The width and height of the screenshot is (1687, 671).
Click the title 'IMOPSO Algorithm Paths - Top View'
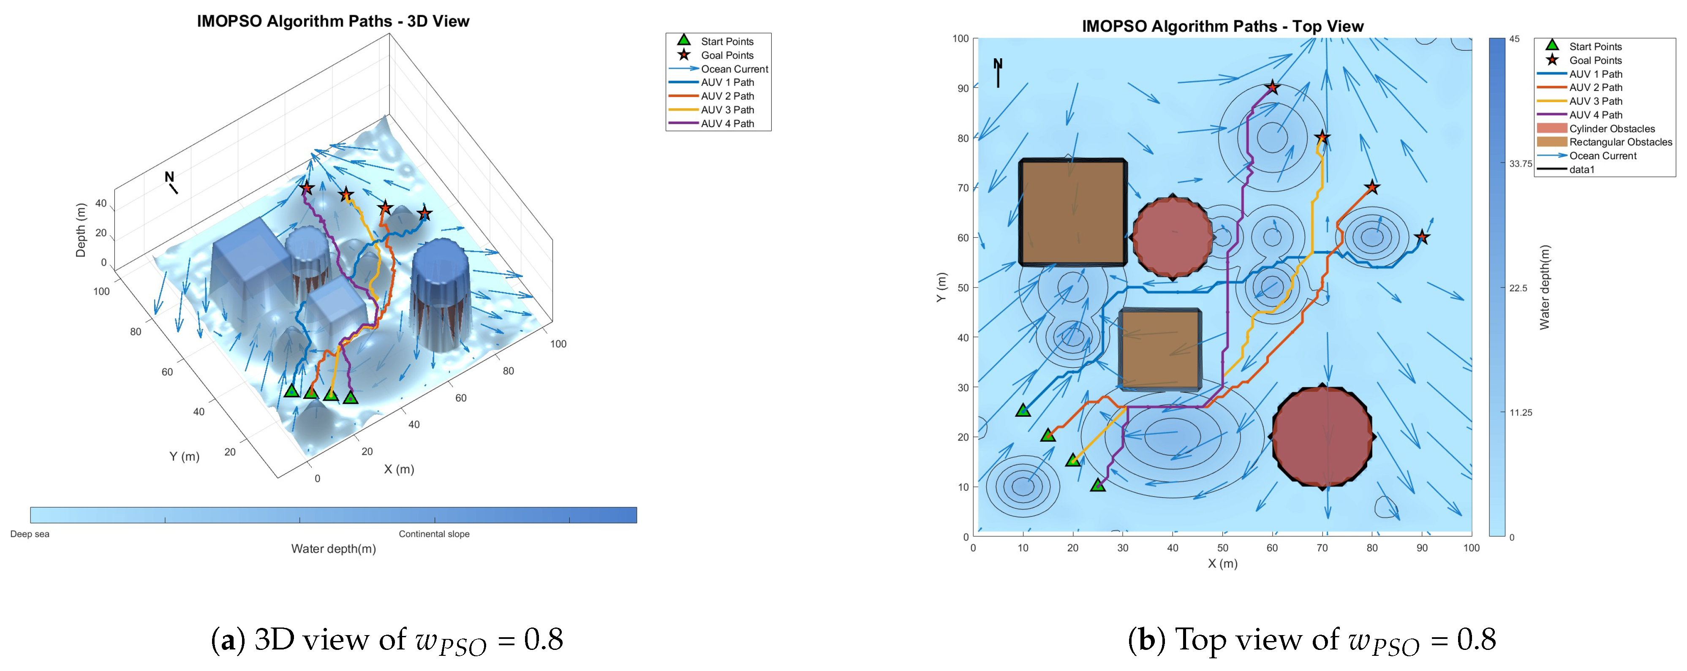[1222, 26]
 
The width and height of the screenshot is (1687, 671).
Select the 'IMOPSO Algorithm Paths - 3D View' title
[333, 21]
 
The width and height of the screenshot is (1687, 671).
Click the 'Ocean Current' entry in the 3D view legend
[734, 69]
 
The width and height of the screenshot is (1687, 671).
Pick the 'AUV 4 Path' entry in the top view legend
[1595, 114]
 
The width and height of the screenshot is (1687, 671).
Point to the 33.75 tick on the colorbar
[1520, 164]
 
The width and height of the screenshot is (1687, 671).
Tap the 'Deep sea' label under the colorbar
[30, 533]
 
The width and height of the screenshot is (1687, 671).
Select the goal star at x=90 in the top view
[1422, 237]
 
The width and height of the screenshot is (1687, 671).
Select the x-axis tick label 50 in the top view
[1222, 548]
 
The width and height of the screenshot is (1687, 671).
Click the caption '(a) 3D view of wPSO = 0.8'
[386, 640]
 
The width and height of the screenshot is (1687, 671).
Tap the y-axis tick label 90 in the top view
[963, 88]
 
